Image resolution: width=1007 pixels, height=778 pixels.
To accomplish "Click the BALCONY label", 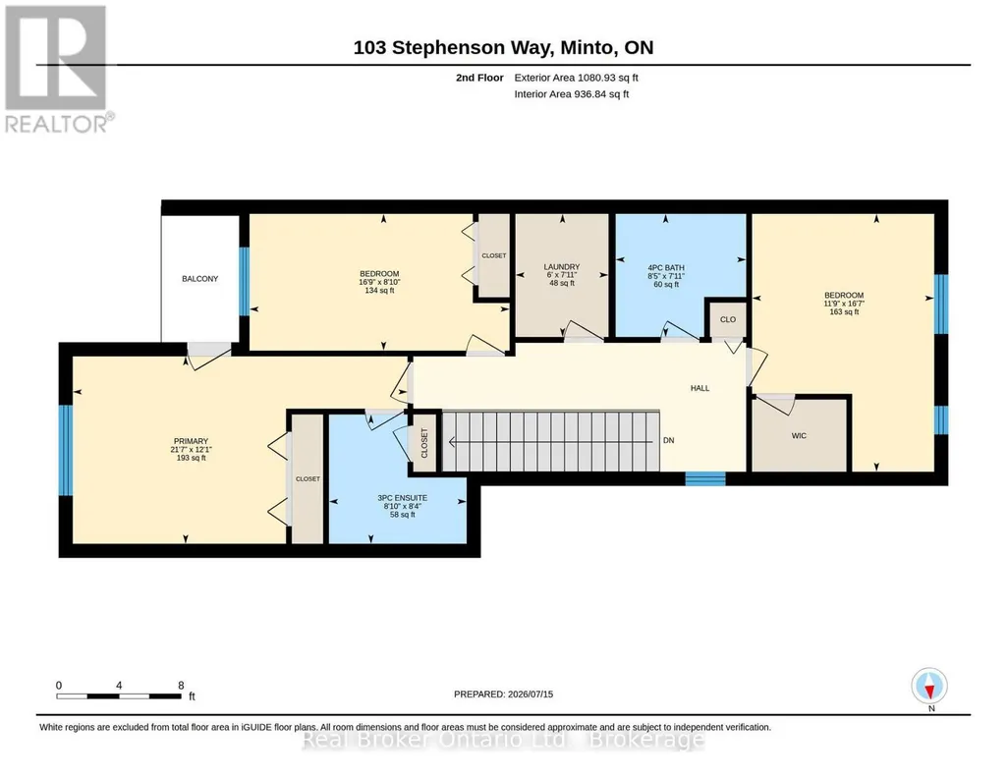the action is (199, 279).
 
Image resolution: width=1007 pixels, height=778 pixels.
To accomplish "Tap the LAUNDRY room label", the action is (562, 266).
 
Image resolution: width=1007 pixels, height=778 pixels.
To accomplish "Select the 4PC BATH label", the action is (666, 267).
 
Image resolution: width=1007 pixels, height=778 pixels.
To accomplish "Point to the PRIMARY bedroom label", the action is (191, 441).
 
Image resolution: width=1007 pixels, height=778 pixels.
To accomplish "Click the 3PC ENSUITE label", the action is (402, 497).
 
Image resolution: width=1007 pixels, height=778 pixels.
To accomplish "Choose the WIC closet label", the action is (799, 436).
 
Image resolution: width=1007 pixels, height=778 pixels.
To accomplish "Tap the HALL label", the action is (700, 388).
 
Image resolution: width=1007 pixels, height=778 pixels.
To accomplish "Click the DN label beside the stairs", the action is (669, 440).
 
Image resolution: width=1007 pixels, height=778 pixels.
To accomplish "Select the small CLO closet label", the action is (728, 319).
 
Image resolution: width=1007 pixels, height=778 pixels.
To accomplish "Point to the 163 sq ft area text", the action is (844, 312).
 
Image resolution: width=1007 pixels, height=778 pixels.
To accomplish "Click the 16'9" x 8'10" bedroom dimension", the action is (379, 282).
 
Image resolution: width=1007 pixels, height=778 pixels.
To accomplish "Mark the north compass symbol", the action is (929, 687).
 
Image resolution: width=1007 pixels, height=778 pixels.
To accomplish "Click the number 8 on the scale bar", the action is (181, 685).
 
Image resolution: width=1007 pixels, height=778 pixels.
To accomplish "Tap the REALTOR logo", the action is (58, 69).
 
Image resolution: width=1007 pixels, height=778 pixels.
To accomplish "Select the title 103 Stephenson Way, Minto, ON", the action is (503, 47).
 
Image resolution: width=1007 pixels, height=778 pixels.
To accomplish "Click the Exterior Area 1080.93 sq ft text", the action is (576, 78).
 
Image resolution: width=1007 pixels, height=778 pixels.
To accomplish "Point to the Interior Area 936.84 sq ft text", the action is (572, 94).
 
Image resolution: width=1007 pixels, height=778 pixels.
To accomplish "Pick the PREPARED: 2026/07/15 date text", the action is (503, 694).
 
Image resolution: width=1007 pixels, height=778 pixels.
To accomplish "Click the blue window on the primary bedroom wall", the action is (66, 450).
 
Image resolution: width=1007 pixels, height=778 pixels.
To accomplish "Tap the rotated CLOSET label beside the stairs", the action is (423, 443).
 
